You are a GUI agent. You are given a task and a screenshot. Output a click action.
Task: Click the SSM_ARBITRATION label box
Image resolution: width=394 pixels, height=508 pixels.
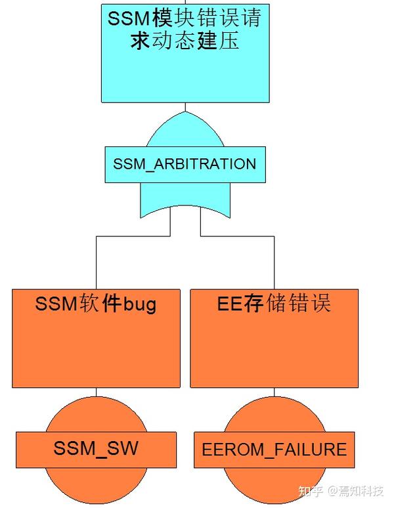pyautogui.click(x=185, y=163)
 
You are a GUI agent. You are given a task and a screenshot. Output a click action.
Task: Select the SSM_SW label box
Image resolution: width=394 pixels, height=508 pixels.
pyautogui.click(x=96, y=448)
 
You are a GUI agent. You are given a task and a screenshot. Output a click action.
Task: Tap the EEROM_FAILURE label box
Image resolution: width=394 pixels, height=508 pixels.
pyautogui.click(x=274, y=450)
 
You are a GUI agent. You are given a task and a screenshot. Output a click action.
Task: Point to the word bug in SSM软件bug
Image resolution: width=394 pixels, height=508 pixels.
pyautogui.click(x=139, y=305)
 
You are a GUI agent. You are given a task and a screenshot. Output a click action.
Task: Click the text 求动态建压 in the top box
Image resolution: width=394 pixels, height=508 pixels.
pyautogui.click(x=185, y=40)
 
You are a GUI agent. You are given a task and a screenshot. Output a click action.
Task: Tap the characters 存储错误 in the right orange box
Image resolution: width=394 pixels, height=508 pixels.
pyautogui.click(x=292, y=304)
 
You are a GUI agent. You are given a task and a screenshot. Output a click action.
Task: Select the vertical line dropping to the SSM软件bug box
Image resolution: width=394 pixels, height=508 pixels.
pyautogui.click(x=97, y=263)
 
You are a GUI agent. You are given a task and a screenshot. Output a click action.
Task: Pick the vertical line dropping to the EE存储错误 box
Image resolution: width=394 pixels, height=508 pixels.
pyautogui.click(x=274, y=263)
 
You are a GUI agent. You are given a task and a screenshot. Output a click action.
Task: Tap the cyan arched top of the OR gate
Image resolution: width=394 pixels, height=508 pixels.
pyautogui.click(x=185, y=131)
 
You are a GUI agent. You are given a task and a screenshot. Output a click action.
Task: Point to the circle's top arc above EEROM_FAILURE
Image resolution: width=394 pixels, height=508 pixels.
pyautogui.click(x=274, y=413)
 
